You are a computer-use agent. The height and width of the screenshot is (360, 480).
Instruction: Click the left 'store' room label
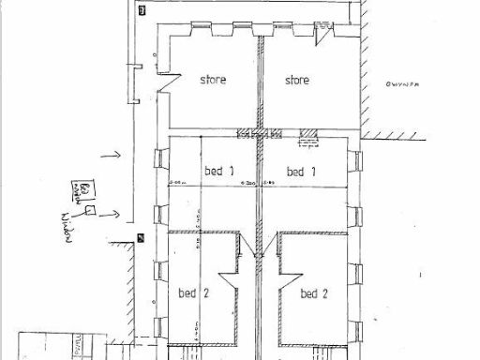213,80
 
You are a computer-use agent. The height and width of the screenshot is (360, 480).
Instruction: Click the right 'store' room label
297,80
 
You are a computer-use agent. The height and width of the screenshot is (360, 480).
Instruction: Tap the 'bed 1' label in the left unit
217,172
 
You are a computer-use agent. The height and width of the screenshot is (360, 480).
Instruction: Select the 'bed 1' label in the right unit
300,172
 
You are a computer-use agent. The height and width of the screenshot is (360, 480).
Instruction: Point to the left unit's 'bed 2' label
192,293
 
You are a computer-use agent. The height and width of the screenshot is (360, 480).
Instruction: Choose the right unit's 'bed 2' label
314,293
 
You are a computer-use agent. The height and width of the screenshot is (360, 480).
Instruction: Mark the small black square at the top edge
142,10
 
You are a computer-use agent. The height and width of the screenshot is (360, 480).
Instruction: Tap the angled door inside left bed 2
228,282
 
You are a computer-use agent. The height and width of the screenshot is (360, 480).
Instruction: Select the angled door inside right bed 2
288,282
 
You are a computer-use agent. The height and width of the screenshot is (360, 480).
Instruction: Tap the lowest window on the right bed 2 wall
356,328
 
